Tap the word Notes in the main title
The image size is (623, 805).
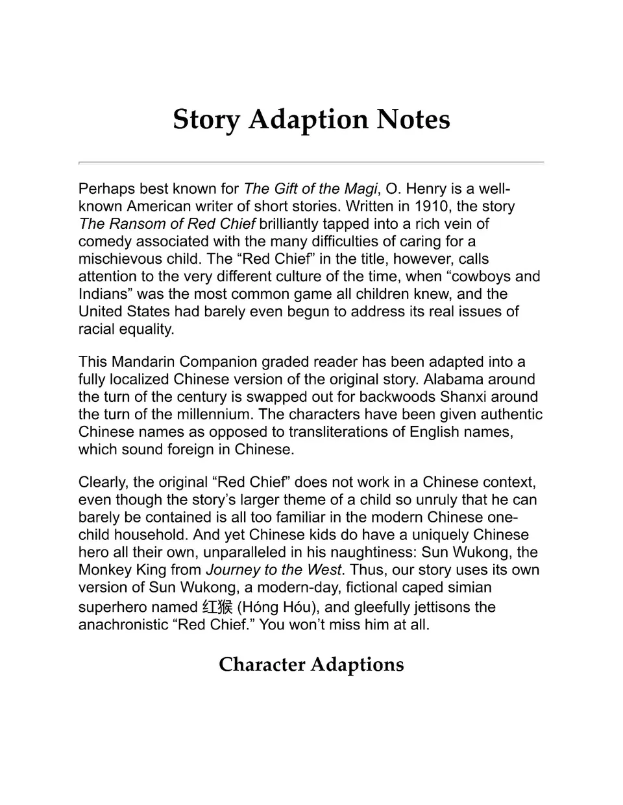(414, 119)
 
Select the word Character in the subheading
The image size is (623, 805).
(262, 665)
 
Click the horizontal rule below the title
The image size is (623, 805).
(311, 162)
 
